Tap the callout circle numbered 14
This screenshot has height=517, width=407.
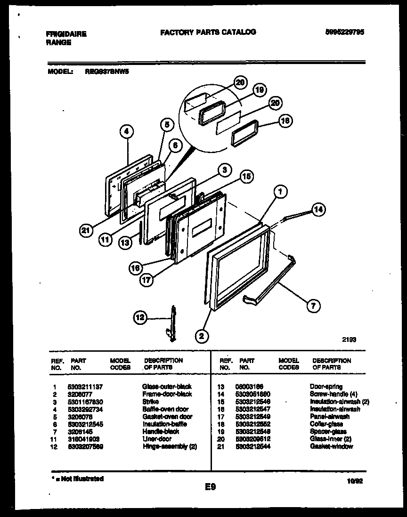pyautogui.click(x=318, y=210)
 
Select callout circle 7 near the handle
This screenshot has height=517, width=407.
pyautogui.click(x=312, y=306)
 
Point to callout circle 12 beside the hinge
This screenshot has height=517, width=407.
pyautogui.click(x=140, y=318)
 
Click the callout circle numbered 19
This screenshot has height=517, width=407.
pyautogui.click(x=259, y=90)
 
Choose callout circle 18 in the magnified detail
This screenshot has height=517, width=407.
pyautogui.click(x=285, y=121)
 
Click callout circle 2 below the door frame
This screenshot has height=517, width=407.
pyautogui.click(x=202, y=336)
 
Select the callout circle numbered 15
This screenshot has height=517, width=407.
pyautogui.click(x=246, y=177)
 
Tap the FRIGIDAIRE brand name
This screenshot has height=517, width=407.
pyautogui.click(x=66, y=34)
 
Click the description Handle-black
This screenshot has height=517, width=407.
pyautogui.click(x=161, y=431)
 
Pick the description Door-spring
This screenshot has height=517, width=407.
pyautogui.click(x=326, y=386)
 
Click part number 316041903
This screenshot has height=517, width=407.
pyautogui.click(x=84, y=439)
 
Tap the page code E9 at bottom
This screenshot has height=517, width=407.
pyautogui.click(x=210, y=488)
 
